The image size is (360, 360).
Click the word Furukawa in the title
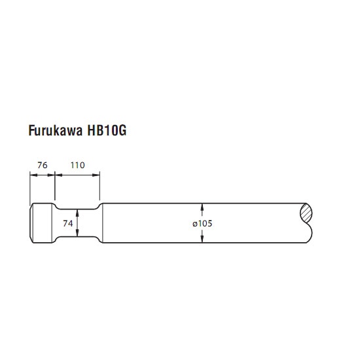tap(56, 130)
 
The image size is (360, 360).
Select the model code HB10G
tap(107, 130)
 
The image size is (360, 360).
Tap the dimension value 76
tap(43, 165)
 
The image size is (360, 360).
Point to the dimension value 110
tap(78, 165)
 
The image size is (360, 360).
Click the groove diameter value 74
tap(68, 223)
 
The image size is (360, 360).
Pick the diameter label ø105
tap(202, 223)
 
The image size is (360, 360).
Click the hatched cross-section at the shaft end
tap(306, 213)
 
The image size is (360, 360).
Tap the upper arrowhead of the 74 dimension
tap(77, 212)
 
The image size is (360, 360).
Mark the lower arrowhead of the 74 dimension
tap(77, 233)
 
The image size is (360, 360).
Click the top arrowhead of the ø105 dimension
tap(202, 207)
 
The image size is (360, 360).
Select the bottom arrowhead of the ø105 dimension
tap(202, 239)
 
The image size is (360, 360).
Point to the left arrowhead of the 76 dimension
tap(33, 175)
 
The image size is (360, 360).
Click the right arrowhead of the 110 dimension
tap(96, 175)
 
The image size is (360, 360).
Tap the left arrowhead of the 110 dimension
tap(59, 175)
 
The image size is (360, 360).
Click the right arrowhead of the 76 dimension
tap(51, 175)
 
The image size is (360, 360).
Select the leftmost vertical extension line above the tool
tap(30, 189)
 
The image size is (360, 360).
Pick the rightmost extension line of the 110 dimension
tap(99, 185)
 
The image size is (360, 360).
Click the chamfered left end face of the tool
tap(31, 223)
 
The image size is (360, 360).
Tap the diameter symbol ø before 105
tap(195, 224)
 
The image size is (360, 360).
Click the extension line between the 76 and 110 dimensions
tap(55, 185)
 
